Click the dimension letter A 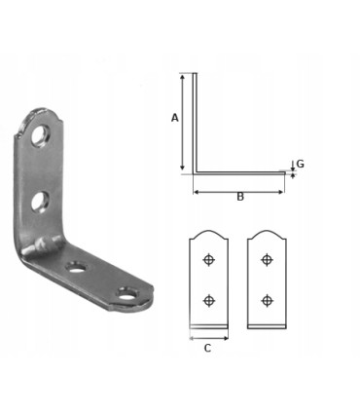click(175, 118)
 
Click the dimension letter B click(240, 197)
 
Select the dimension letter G click(301, 164)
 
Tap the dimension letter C click(207, 348)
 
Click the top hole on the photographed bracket click(41, 134)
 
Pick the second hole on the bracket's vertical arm click(40, 203)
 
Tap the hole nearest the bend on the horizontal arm click(77, 268)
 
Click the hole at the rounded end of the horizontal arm click(127, 294)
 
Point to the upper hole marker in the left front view click(208, 260)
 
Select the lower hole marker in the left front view click(208, 300)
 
